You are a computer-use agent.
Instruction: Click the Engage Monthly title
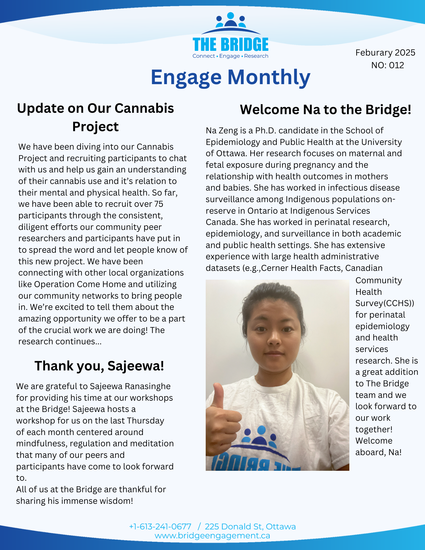(x=231, y=77)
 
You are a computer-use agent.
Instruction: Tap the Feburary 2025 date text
(x=385, y=53)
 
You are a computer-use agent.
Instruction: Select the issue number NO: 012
(x=387, y=65)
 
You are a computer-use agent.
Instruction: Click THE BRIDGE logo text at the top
(x=231, y=45)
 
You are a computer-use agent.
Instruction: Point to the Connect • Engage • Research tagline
(x=230, y=56)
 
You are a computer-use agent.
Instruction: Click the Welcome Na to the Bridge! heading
(x=325, y=109)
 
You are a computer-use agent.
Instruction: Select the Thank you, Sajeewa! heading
(x=99, y=366)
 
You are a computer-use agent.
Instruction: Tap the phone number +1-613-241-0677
(x=160, y=526)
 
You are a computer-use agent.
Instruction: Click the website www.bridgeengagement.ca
(x=212, y=535)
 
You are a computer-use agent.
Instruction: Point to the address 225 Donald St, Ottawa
(x=250, y=526)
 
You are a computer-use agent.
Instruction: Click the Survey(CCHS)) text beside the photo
(x=385, y=303)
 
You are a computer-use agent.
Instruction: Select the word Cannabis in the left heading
(x=144, y=108)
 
